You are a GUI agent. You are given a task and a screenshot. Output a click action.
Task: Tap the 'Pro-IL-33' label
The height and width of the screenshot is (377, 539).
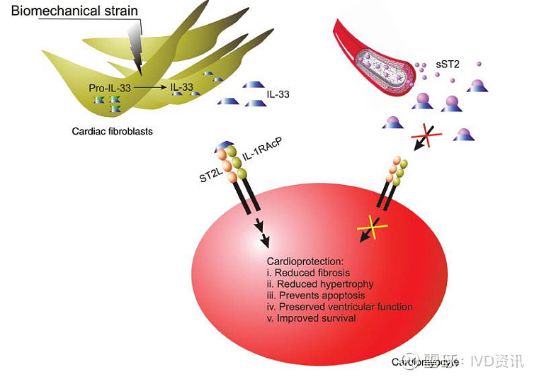(x=109, y=87)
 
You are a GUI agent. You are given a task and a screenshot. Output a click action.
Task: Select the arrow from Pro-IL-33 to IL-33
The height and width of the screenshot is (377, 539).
(x=149, y=86)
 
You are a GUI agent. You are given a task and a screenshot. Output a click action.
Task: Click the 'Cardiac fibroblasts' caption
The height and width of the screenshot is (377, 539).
(x=113, y=131)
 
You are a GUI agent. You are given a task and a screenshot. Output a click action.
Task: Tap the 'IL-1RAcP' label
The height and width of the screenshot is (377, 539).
(x=259, y=146)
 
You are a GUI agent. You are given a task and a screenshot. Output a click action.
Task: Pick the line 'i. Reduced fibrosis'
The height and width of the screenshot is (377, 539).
(x=308, y=273)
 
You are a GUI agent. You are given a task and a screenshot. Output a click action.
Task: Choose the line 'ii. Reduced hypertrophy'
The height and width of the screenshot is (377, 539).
(x=319, y=284)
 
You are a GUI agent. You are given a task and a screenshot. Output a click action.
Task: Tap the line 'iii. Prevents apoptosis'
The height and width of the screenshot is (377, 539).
(x=317, y=296)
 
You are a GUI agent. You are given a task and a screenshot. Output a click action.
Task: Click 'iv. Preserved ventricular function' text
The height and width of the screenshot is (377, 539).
(x=339, y=307)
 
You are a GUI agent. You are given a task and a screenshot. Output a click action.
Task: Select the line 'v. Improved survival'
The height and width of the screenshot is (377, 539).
(x=311, y=318)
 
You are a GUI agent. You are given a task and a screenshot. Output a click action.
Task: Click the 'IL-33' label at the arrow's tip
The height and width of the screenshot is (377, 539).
(x=182, y=86)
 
